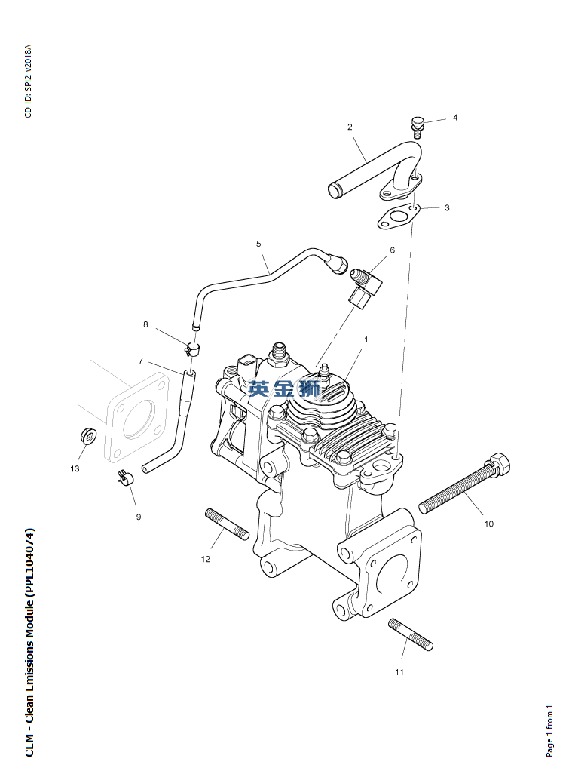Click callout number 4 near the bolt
454,118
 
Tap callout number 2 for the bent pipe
350,127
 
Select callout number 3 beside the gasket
447,207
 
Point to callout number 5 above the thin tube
258,244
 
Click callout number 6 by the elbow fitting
392,250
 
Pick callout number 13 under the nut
75,468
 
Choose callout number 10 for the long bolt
488,523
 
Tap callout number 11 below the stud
399,671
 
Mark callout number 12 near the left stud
205,559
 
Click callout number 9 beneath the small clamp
139,517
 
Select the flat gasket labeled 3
399,217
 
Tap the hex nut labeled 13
87,435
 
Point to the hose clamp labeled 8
193,349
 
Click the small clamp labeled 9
125,477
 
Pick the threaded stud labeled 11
411,634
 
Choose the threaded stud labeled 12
227,524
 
